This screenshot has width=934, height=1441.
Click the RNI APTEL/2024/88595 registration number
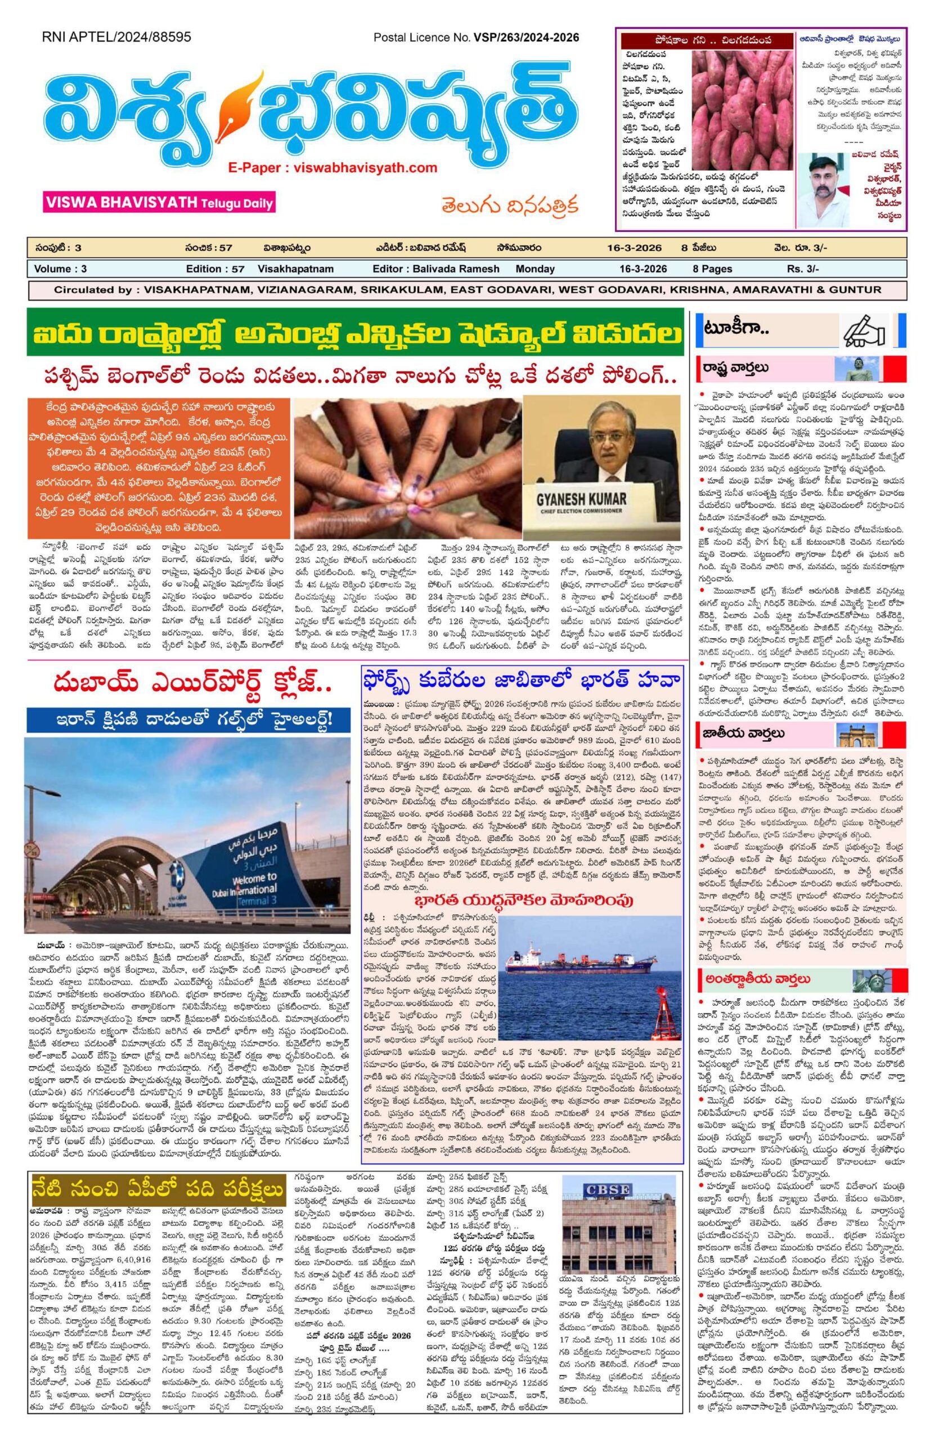[x=116, y=37]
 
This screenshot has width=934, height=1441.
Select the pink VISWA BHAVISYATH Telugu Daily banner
[x=159, y=202]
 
